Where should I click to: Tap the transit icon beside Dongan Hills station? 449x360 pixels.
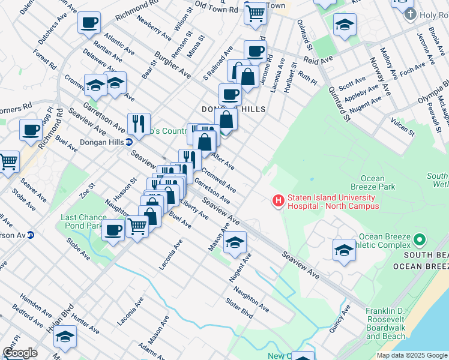point(128,143)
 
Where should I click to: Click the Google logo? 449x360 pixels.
point(20,353)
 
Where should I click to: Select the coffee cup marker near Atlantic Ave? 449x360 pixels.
point(89,23)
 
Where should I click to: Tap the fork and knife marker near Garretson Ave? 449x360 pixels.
point(139,124)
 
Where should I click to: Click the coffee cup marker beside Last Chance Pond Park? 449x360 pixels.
point(113,230)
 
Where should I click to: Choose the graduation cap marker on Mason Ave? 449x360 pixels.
point(235,242)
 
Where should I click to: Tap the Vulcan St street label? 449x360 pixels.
point(402,127)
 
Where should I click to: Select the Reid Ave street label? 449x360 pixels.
point(318,60)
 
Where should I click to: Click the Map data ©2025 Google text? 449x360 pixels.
point(411,355)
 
